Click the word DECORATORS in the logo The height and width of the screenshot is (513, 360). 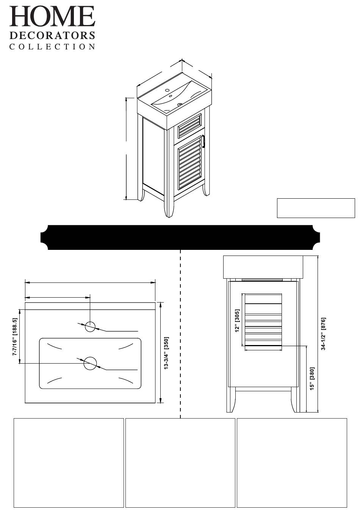[52, 36]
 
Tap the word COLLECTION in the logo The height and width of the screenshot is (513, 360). [52, 47]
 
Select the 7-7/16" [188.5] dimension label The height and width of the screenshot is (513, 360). [15, 337]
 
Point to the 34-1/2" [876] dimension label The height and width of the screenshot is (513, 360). [324, 334]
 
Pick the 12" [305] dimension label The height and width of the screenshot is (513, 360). [238, 321]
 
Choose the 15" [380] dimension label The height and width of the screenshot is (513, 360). [312, 378]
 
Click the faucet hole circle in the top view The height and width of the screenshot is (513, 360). [90, 326]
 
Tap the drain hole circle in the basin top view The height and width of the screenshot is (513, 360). [90, 363]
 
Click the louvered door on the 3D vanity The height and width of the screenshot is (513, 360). [190, 162]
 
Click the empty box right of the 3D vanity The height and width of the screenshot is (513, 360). [316, 208]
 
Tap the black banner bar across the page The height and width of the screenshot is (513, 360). [180, 237]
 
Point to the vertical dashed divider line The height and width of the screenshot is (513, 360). [180, 334]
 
